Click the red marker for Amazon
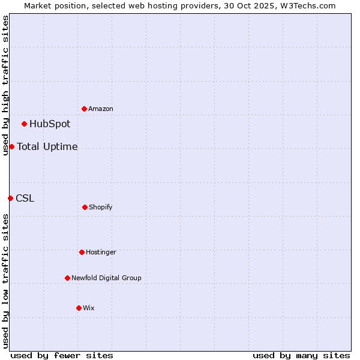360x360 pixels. click(x=85, y=109)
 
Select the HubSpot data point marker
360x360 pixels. click(x=25, y=124)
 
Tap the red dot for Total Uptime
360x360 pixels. click(x=11, y=146)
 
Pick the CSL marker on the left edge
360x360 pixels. click(x=10, y=198)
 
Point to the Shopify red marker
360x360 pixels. click(x=85, y=207)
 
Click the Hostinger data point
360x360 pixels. click(x=82, y=252)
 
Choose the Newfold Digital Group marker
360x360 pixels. click(x=67, y=278)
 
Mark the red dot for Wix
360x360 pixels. click(x=79, y=308)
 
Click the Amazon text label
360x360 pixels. click(x=101, y=109)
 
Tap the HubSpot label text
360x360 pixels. click(x=50, y=124)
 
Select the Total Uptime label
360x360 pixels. click(x=47, y=146)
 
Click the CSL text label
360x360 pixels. click(x=25, y=198)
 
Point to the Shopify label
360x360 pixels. click(x=101, y=208)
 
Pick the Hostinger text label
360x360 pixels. click(x=101, y=253)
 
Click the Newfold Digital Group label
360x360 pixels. click(x=106, y=278)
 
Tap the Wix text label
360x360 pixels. click(x=89, y=308)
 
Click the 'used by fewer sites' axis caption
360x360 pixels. click(x=62, y=356)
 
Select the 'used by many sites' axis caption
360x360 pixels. click(x=301, y=356)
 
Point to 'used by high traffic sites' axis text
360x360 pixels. click(x=5, y=85)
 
